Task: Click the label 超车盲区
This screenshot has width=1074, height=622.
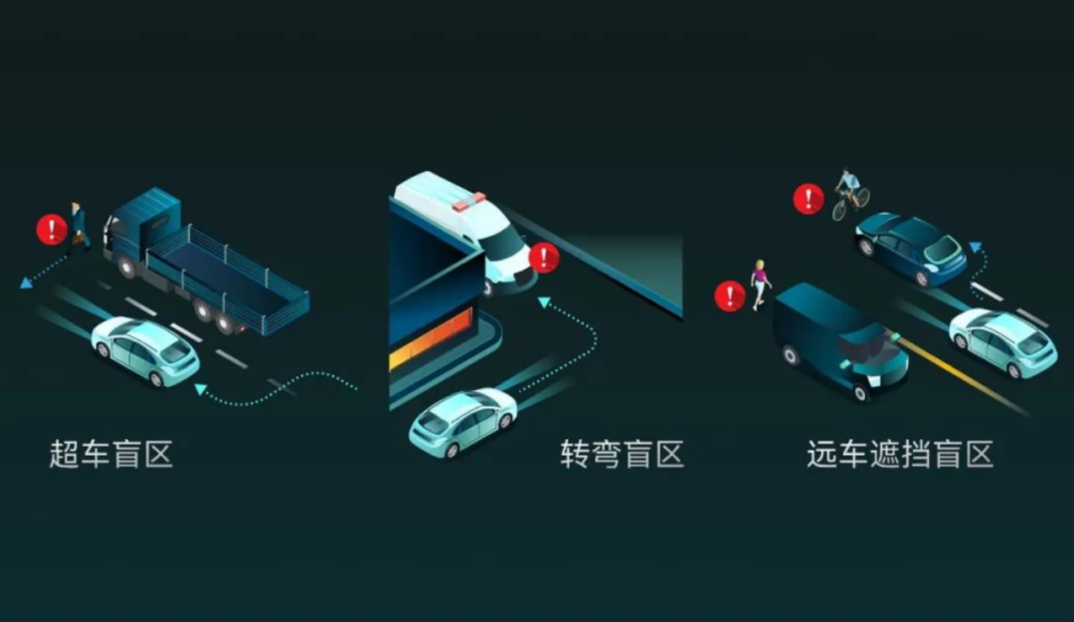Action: (111, 454)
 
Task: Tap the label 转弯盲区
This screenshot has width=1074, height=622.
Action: (622, 454)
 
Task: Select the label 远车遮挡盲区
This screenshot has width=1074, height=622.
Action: (900, 454)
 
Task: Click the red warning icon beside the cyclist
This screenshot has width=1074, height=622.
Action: (808, 199)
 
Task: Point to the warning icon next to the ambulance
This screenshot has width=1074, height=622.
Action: (545, 258)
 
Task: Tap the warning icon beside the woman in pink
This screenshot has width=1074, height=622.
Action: (730, 297)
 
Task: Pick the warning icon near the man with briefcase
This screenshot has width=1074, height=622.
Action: (52, 230)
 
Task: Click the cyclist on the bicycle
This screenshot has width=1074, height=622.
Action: (850, 194)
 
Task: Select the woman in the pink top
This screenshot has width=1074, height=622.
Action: (760, 285)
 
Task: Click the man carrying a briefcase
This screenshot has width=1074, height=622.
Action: (80, 226)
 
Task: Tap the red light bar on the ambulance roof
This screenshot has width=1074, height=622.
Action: (468, 202)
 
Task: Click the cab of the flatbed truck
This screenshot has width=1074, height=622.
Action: (140, 230)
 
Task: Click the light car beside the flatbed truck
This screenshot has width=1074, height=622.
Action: (145, 350)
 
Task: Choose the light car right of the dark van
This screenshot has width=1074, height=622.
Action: (1002, 342)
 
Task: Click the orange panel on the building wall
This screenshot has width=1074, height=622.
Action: (432, 338)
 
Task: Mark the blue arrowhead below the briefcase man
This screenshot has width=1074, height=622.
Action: (26, 282)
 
